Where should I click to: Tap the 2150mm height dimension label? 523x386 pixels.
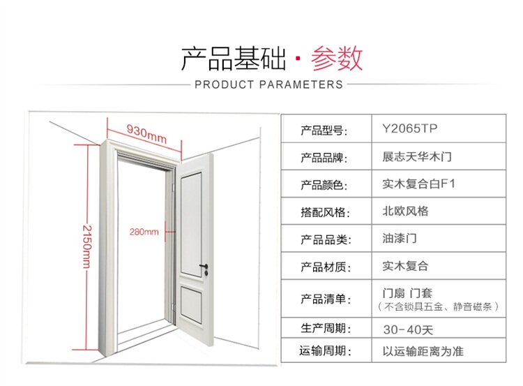click(x=86, y=246)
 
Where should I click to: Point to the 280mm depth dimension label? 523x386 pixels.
click(x=144, y=232)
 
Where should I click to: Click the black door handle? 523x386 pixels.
click(x=203, y=267)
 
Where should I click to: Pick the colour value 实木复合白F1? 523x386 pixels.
click(x=418, y=184)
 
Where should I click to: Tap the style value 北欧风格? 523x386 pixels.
click(x=405, y=211)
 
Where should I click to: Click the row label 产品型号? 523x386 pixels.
click(x=324, y=131)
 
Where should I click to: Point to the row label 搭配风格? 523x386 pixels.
click(x=324, y=212)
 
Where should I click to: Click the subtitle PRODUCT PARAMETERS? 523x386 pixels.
click(x=268, y=84)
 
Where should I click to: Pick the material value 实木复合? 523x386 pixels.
click(x=405, y=266)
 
